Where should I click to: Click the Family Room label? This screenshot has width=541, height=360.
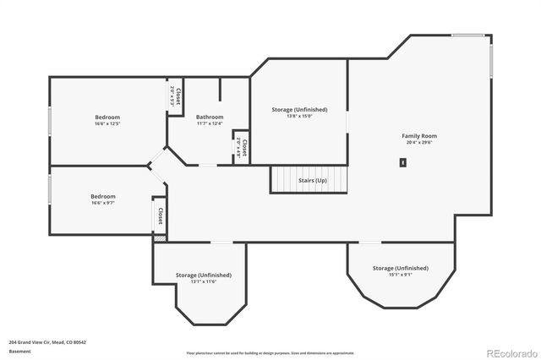(x=418, y=135)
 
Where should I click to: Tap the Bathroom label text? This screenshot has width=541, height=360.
(x=210, y=117)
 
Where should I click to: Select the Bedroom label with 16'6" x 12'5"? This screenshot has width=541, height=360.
(x=107, y=117)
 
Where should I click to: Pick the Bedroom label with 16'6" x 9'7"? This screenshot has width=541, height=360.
(x=103, y=196)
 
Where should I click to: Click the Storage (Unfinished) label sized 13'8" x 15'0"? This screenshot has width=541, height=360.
(x=299, y=109)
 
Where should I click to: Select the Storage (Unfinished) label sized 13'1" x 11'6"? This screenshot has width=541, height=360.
(x=203, y=275)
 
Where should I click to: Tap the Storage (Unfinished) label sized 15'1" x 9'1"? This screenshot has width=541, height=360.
(x=400, y=268)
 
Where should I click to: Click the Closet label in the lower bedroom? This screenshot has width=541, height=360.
(x=159, y=216)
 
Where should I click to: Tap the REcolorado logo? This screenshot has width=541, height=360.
(x=510, y=352)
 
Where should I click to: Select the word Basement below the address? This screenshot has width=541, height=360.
(x=19, y=351)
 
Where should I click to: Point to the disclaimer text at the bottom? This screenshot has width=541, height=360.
(x=270, y=352)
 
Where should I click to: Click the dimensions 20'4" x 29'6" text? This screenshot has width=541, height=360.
(x=418, y=143)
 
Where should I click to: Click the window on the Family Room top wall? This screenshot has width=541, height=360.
(x=468, y=35)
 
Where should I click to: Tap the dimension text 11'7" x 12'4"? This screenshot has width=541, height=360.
(x=210, y=123)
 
